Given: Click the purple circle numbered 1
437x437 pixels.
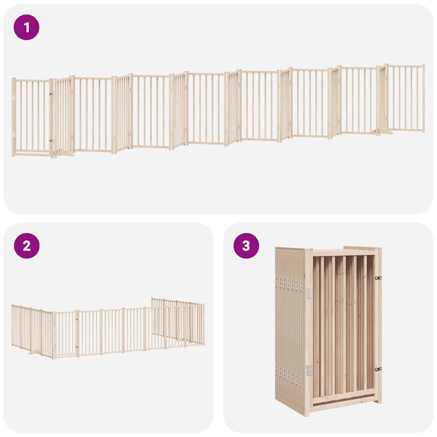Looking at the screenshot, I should pyautogui.click(x=26, y=27).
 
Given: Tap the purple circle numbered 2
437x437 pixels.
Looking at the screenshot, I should pyautogui.click(x=26, y=246).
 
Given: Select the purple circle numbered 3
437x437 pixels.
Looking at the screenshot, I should pyautogui.click(x=246, y=246).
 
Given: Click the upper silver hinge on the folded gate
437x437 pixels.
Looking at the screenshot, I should pyautogui.click(x=309, y=292).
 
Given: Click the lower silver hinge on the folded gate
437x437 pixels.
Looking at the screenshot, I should pyautogui.click(x=309, y=370).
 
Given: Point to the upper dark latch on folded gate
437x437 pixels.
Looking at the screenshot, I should pyautogui.click(x=378, y=278).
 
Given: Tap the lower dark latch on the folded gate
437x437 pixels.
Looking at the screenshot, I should pyautogui.click(x=378, y=370).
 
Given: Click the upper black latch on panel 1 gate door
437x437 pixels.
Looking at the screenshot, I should pyautogui.click(x=51, y=94).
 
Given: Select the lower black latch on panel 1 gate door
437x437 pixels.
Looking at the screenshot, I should pyautogui.click(x=51, y=140).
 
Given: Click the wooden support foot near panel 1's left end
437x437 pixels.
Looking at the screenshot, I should pyautogui.click(x=65, y=153).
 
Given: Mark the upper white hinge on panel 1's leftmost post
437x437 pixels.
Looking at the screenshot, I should pyautogui.click(x=14, y=98).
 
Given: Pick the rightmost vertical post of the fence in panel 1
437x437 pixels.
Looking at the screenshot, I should pyautogui.click(x=423, y=98).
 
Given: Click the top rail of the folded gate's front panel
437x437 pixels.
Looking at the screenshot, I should pyautogui.click(x=344, y=253).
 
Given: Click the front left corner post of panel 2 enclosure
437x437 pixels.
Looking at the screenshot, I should pyautogui.click(x=54, y=335).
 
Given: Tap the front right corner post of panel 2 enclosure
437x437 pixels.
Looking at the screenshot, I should pyautogui.click(x=203, y=324).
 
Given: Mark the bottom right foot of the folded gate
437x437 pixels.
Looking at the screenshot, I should pyautogui.click(x=378, y=400).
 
